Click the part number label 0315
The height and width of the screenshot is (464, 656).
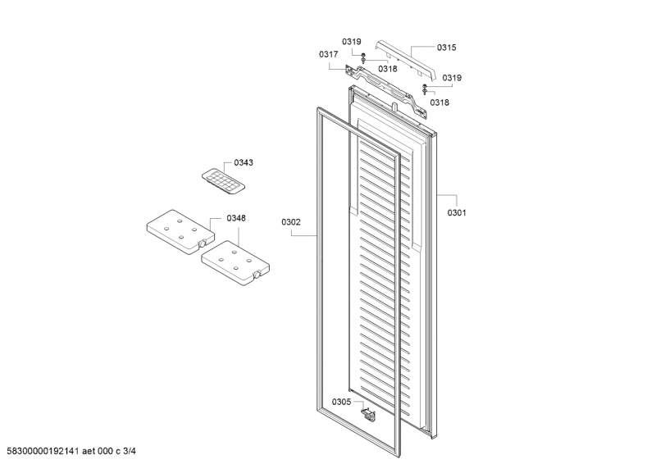(x=446, y=48)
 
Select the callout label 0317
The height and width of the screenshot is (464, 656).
(x=329, y=54)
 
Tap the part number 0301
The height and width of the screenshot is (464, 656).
(x=457, y=212)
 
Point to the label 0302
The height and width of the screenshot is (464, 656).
(x=291, y=222)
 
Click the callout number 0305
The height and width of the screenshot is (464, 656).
(x=341, y=402)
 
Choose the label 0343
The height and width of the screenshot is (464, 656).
(x=244, y=163)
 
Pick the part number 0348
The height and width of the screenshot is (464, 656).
(x=236, y=218)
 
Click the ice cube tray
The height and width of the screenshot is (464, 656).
(x=223, y=183)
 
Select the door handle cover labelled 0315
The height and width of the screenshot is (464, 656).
(x=405, y=59)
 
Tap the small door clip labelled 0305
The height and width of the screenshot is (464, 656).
(x=368, y=414)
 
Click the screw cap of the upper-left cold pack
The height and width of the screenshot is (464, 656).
(x=203, y=243)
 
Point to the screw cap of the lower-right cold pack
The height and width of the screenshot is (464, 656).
(x=257, y=275)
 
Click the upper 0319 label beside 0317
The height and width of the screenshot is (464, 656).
(x=352, y=42)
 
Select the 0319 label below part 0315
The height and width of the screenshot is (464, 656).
(x=452, y=78)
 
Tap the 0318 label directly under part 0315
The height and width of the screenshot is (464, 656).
(x=388, y=69)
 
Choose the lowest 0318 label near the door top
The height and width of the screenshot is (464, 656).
(x=440, y=102)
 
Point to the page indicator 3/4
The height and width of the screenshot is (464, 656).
(x=130, y=451)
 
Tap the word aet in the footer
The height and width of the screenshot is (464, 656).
(x=89, y=451)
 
